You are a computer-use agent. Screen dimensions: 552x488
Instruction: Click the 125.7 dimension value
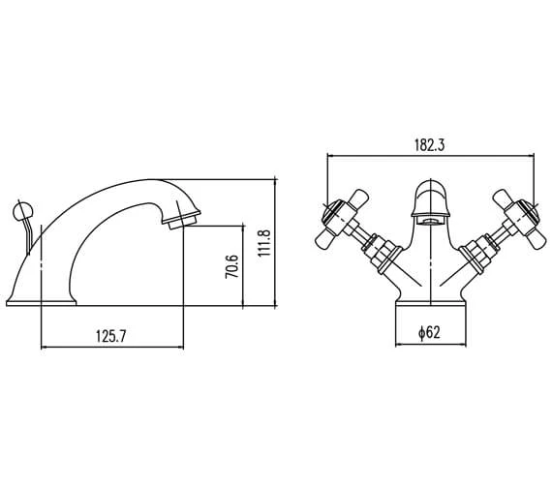point(110,336)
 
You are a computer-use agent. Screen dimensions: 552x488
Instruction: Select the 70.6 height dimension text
point(231,266)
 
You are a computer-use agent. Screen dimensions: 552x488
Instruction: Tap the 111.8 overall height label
point(263,243)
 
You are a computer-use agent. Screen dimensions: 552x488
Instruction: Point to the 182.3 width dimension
point(429,145)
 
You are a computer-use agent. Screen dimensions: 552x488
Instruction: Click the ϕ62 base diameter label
point(429,332)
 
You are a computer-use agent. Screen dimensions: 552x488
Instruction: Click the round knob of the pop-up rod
point(23,212)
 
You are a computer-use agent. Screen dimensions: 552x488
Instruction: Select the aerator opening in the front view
point(429,222)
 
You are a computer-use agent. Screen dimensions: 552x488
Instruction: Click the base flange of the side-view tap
point(42,303)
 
